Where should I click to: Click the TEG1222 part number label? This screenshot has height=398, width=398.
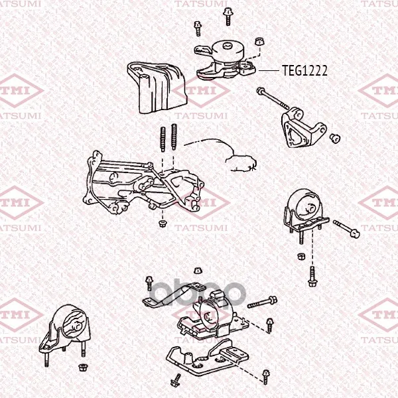coord(304,70)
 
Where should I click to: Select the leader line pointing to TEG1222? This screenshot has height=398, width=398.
coord(269,70)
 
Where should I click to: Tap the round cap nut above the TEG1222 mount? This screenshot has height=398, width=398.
coord(259,41)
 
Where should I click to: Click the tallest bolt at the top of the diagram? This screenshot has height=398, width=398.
coord(228,16)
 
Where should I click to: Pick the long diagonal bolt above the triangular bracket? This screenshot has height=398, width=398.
coord(273,98)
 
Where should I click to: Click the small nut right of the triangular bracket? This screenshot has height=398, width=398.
coord(335,139)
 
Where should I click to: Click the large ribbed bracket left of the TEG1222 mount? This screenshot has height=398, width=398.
coord(157,88)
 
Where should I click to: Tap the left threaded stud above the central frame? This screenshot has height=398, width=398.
coord(163,139)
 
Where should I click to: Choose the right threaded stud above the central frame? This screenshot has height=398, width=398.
coord(174,137)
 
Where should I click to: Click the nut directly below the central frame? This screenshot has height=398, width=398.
coord(162,224)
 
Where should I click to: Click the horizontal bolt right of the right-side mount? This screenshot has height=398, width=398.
coord(346,229)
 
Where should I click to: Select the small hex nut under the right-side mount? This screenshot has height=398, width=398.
coord(301,256)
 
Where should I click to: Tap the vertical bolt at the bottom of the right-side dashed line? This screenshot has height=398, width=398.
coord(312,277)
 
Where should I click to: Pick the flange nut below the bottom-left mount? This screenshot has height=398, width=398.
coord(82,367)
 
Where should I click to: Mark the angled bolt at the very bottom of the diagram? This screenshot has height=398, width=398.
coord(176,380)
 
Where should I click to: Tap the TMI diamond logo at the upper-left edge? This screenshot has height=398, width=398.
coord(21,91)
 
